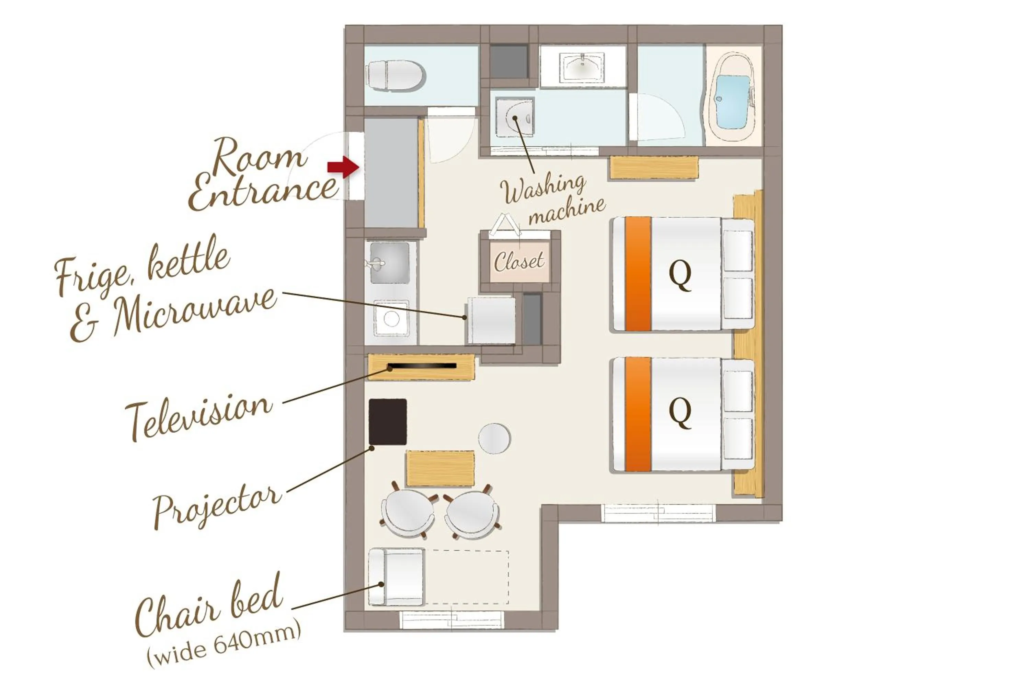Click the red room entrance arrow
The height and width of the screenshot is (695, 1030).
pos(343,167)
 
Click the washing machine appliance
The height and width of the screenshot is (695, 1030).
pos(515,118)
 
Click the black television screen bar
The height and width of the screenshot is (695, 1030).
pos(422,366)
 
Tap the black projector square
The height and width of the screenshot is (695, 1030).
pos(388,422)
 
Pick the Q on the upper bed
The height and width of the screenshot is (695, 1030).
pos(680,275)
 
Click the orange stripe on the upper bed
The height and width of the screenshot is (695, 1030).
pos(638,274)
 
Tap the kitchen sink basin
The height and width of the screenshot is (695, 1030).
pos(390,263)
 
